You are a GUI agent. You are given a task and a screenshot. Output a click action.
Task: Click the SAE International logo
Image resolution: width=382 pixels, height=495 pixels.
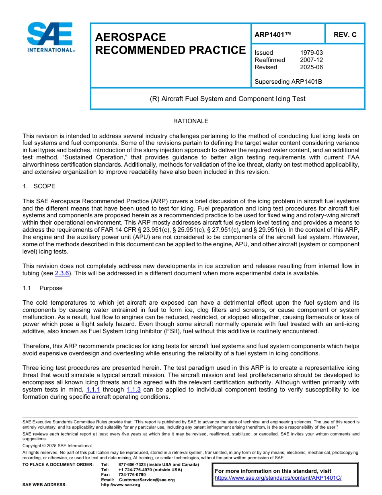[x=50, y=37]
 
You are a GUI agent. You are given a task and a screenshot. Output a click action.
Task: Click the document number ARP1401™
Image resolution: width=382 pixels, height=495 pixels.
[x=273, y=35]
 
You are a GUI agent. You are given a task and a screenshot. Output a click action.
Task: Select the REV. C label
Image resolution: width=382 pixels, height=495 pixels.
[x=345, y=35]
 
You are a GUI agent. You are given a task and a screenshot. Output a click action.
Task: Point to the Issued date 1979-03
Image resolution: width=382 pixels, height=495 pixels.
[x=311, y=53]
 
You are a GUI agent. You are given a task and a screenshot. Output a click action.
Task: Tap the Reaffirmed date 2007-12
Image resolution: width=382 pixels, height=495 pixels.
[x=311, y=60]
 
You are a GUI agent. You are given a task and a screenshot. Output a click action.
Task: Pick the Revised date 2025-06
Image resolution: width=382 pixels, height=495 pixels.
[x=311, y=67]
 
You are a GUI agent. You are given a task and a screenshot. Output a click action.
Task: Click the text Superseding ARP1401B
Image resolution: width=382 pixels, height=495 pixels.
[x=288, y=82]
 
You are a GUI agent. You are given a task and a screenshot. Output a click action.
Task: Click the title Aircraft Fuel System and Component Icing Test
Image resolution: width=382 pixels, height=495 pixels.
[x=227, y=99]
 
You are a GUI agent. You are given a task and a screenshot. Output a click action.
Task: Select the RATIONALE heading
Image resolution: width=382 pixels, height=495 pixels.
[x=191, y=121]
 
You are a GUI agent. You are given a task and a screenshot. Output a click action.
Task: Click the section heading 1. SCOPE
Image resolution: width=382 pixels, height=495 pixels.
[x=39, y=186]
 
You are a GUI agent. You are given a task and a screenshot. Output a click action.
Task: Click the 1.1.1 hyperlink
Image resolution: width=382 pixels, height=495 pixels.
[x=93, y=390]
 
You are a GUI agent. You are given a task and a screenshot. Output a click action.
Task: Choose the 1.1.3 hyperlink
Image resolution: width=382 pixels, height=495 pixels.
[x=133, y=390]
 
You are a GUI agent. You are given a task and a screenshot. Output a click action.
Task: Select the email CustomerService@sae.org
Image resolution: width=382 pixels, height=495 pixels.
[x=147, y=480]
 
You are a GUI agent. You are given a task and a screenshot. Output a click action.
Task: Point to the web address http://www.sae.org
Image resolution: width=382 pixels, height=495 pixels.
[x=121, y=485]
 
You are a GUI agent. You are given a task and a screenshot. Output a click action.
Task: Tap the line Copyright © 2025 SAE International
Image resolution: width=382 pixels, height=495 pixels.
[x=57, y=446]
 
